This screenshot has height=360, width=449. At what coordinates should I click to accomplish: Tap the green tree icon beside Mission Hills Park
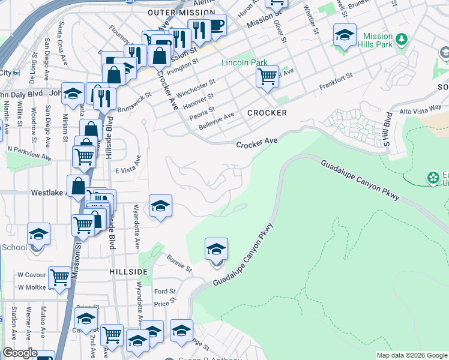402,40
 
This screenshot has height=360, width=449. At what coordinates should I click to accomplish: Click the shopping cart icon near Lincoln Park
267,77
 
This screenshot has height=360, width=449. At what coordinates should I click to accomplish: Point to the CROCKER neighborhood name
267,113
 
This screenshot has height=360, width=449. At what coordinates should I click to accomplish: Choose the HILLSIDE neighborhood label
128,272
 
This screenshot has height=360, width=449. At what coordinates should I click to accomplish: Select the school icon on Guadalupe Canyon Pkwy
216,249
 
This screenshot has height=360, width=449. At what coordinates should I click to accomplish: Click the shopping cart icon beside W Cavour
59,278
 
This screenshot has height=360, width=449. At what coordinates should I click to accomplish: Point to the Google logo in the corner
20,353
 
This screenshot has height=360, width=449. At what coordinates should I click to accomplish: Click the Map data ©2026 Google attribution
412,355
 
